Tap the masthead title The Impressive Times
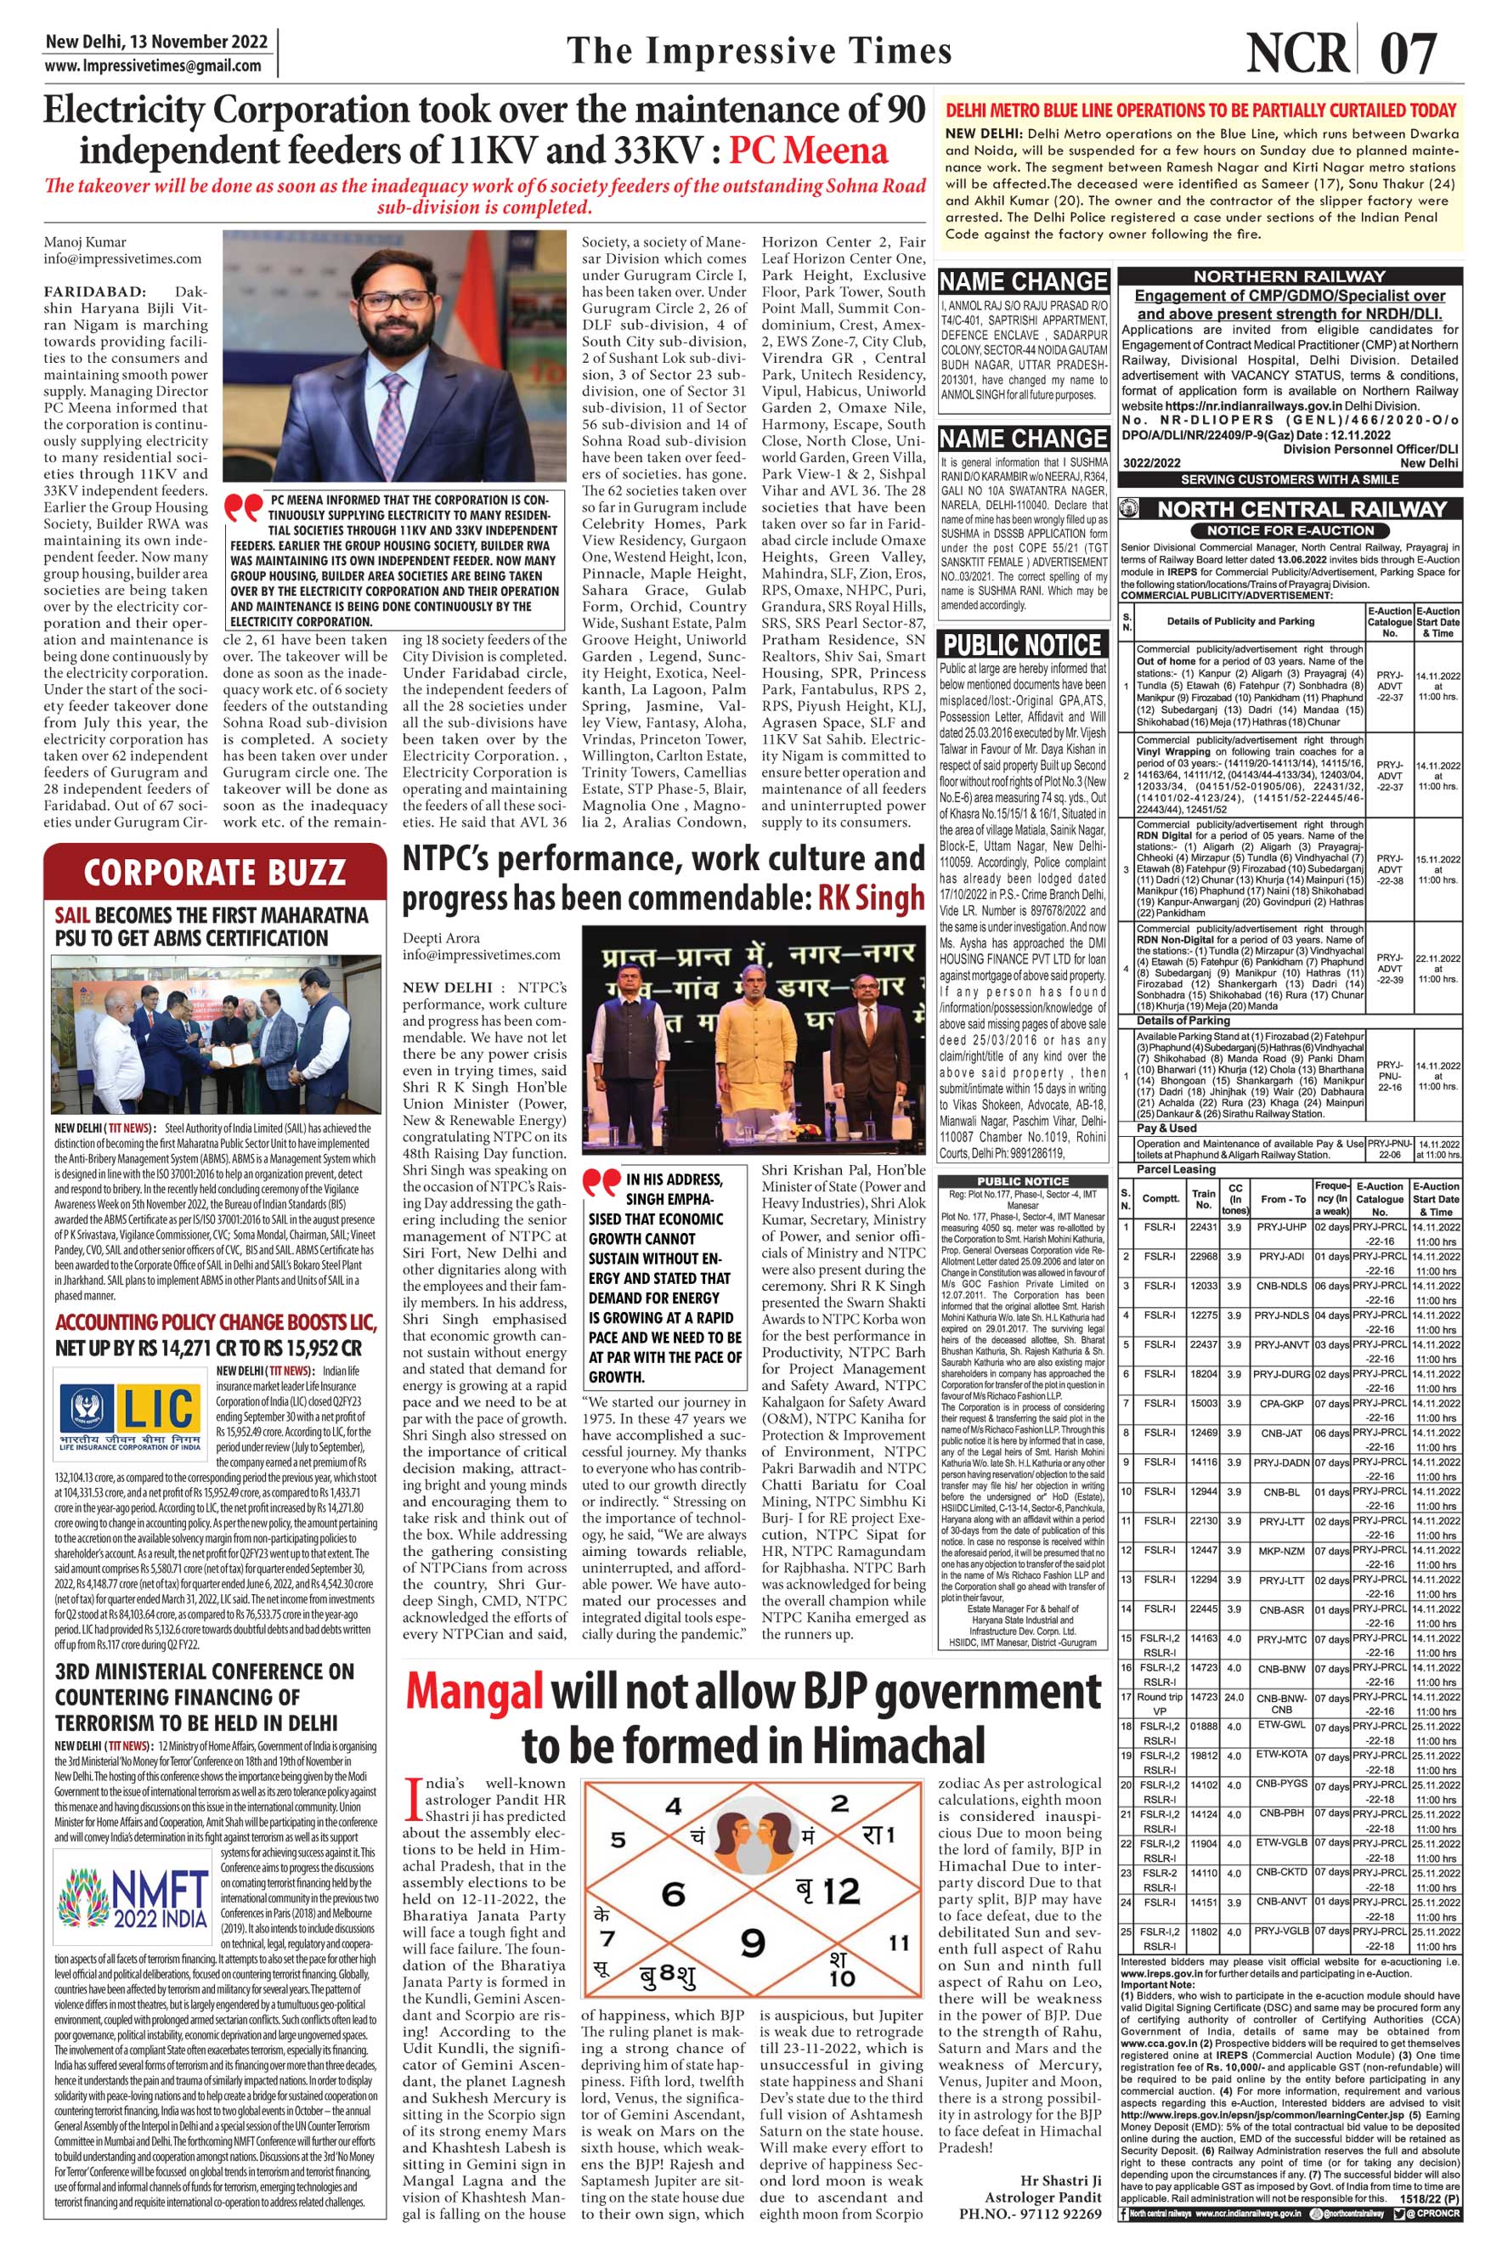pyautogui.click(x=760, y=51)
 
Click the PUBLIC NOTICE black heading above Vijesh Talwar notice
pyautogui.click(x=1022, y=643)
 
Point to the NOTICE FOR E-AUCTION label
pyautogui.click(x=1291, y=530)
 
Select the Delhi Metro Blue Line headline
pyautogui.click(x=1201, y=110)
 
